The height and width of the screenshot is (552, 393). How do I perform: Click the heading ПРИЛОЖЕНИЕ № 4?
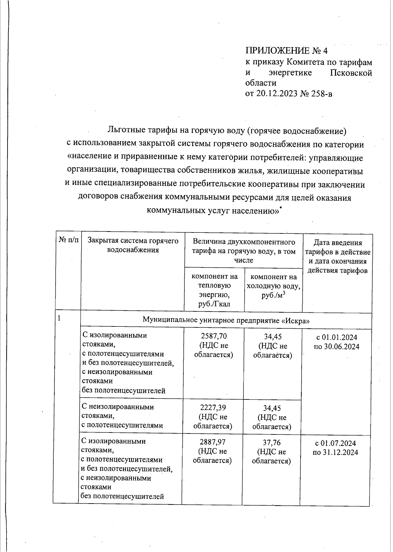point(286,51)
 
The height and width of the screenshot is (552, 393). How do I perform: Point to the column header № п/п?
point(69,241)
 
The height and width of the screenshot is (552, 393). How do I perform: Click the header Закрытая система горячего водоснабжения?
point(133,245)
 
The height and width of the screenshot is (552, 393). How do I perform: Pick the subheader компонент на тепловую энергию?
point(214,290)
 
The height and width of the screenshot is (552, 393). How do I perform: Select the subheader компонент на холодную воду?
point(273,286)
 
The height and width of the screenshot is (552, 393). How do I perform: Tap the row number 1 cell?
point(59,318)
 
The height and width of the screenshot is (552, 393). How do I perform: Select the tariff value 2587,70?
point(214,336)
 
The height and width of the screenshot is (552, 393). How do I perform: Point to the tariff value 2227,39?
point(213,408)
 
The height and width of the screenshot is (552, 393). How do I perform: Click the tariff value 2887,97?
point(213,442)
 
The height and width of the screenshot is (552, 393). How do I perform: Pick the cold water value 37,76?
point(272,443)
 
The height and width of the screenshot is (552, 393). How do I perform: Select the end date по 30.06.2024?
point(336,346)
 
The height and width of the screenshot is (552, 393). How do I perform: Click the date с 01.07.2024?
point(335,443)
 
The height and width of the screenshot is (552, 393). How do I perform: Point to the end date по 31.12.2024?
point(335,452)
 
